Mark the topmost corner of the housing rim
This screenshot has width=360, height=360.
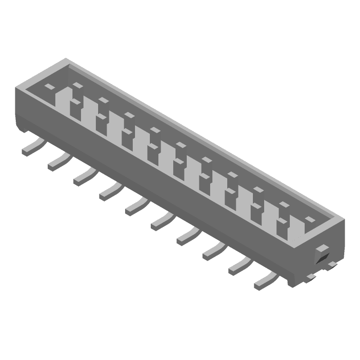tap(67, 58)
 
